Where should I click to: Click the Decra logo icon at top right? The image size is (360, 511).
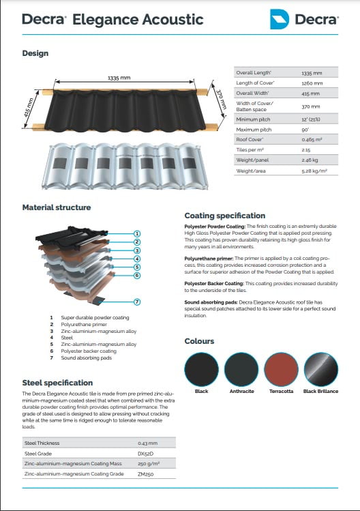click(280, 19)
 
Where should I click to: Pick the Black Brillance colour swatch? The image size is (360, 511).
click(321, 368)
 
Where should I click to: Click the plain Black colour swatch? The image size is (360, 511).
click(202, 368)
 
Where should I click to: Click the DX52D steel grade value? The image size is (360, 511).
click(145, 453)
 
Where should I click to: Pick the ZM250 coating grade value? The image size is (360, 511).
click(145, 473)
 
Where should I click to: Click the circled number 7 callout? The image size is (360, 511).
click(136, 301)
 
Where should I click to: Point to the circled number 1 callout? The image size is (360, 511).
click(136, 233)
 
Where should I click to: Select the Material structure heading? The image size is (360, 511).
click(57, 207)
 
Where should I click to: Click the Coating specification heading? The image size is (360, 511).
click(224, 216)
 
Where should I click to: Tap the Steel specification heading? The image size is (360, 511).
click(57, 383)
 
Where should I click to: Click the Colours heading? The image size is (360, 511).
click(199, 341)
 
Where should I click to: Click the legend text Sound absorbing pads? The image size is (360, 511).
click(86, 357)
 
